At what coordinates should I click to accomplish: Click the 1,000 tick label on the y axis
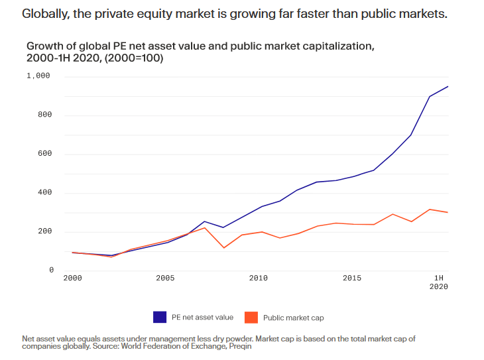click(38, 76)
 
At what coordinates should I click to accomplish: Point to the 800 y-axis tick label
click(44, 115)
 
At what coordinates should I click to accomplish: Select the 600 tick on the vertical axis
click(44, 154)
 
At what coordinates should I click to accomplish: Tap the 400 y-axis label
click(44, 194)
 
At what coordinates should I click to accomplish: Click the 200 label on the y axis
click(44, 232)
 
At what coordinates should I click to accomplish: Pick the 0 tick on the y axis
click(50, 270)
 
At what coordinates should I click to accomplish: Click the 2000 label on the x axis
click(72, 278)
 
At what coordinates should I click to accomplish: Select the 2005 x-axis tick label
click(165, 278)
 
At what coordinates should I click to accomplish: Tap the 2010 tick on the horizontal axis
click(259, 278)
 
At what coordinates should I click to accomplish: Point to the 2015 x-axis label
click(352, 278)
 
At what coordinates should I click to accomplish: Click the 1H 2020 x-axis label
click(439, 282)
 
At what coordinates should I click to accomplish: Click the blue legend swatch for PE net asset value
click(160, 317)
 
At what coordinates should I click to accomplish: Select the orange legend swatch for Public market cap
click(251, 317)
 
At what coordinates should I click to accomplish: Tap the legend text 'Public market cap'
click(293, 318)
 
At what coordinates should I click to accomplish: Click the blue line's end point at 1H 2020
click(448, 87)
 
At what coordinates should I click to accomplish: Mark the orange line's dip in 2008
click(223, 248)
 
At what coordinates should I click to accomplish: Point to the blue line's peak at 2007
click(204, 221)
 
